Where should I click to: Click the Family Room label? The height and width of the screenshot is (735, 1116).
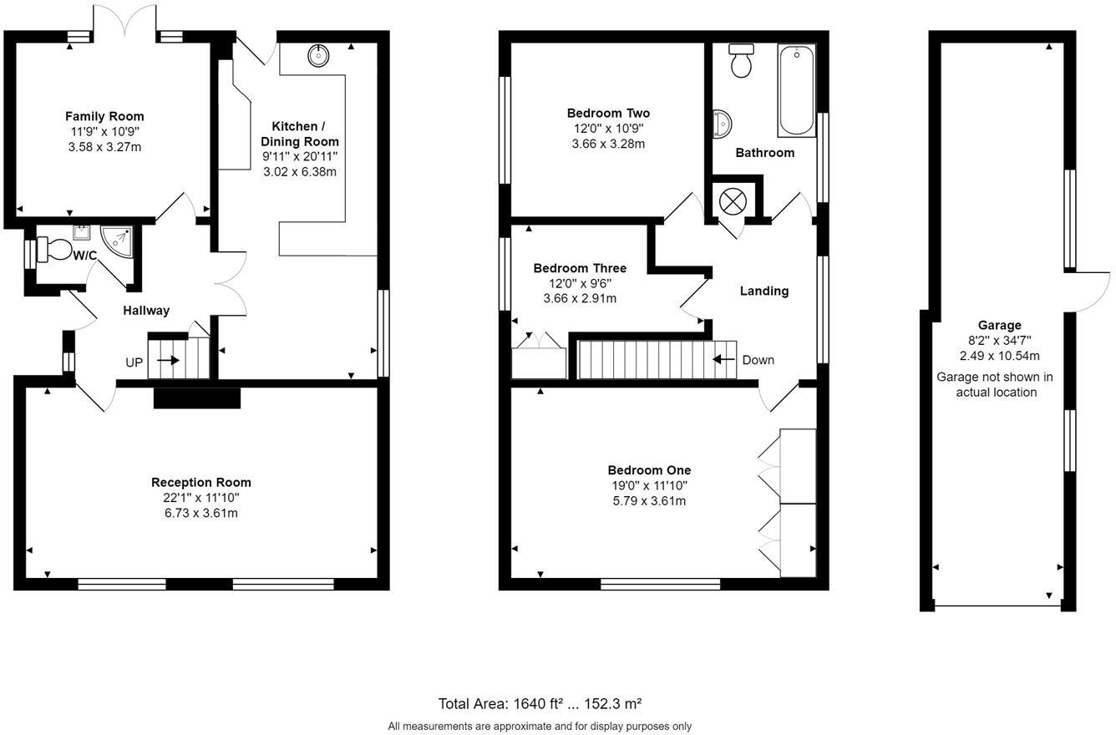104,116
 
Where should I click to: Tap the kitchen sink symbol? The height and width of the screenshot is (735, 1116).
318,56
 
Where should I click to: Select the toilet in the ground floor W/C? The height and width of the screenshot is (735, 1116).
56,250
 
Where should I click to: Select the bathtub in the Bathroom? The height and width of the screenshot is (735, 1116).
796,90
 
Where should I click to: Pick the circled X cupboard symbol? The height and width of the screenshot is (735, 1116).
733,201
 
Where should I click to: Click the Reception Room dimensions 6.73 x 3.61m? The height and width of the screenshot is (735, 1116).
200,513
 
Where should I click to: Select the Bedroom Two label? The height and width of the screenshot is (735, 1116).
608,113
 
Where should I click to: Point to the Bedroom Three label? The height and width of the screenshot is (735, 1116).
580,268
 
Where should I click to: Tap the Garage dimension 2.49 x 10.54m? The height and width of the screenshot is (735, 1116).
999,355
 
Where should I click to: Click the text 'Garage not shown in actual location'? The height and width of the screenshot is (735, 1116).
995,384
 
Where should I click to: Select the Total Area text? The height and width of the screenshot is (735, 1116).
540,703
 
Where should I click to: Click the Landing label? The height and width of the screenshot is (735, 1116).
764,291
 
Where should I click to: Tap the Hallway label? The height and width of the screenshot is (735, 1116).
146,310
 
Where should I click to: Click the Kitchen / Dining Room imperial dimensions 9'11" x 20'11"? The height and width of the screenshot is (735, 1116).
300,156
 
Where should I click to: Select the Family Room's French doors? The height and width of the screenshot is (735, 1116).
124,22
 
